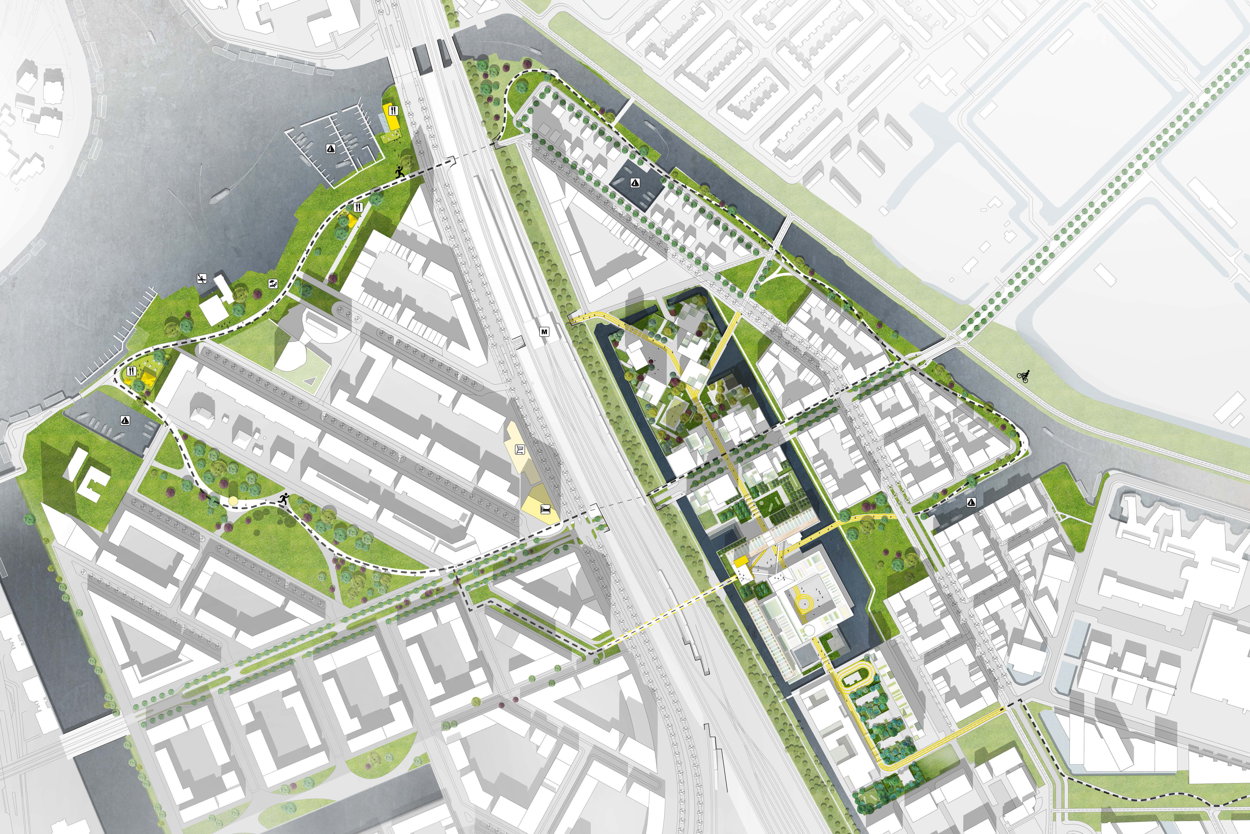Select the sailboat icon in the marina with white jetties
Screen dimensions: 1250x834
coord(330,149)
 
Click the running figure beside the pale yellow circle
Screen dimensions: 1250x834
coord(284,499)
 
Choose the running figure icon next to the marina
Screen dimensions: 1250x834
coord(400,172)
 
